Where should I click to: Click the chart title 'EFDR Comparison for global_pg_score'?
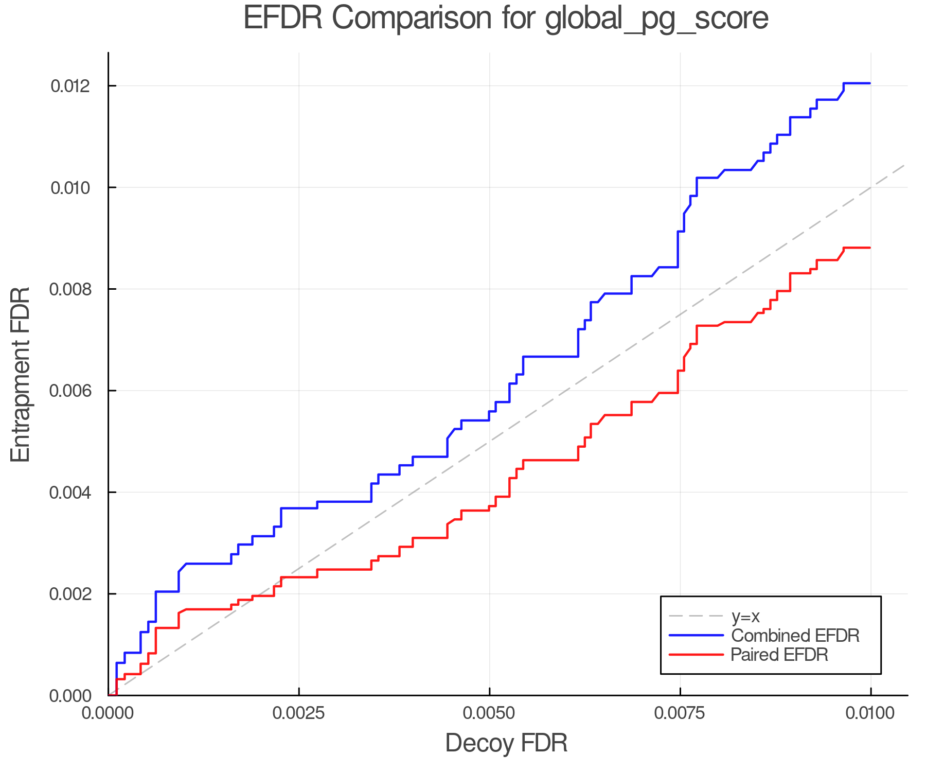(506, 18)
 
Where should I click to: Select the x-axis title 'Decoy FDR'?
(506, 743)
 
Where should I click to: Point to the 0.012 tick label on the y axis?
(70, 86)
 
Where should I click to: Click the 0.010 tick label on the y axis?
(70, 188)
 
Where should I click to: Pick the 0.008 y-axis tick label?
(70, 289)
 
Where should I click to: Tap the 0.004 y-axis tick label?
(70, 493)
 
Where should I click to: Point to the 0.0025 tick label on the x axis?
(299, 713)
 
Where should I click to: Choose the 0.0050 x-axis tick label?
(489, 713)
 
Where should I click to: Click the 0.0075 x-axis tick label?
(680, 713)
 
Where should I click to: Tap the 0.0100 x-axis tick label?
(870, 713)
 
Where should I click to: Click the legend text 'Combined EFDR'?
(795, 636)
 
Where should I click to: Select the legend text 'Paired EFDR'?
(779, 655)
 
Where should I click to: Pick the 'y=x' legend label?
(745, 616)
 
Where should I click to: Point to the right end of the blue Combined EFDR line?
(870, 83)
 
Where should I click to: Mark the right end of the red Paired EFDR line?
(870, 248)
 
